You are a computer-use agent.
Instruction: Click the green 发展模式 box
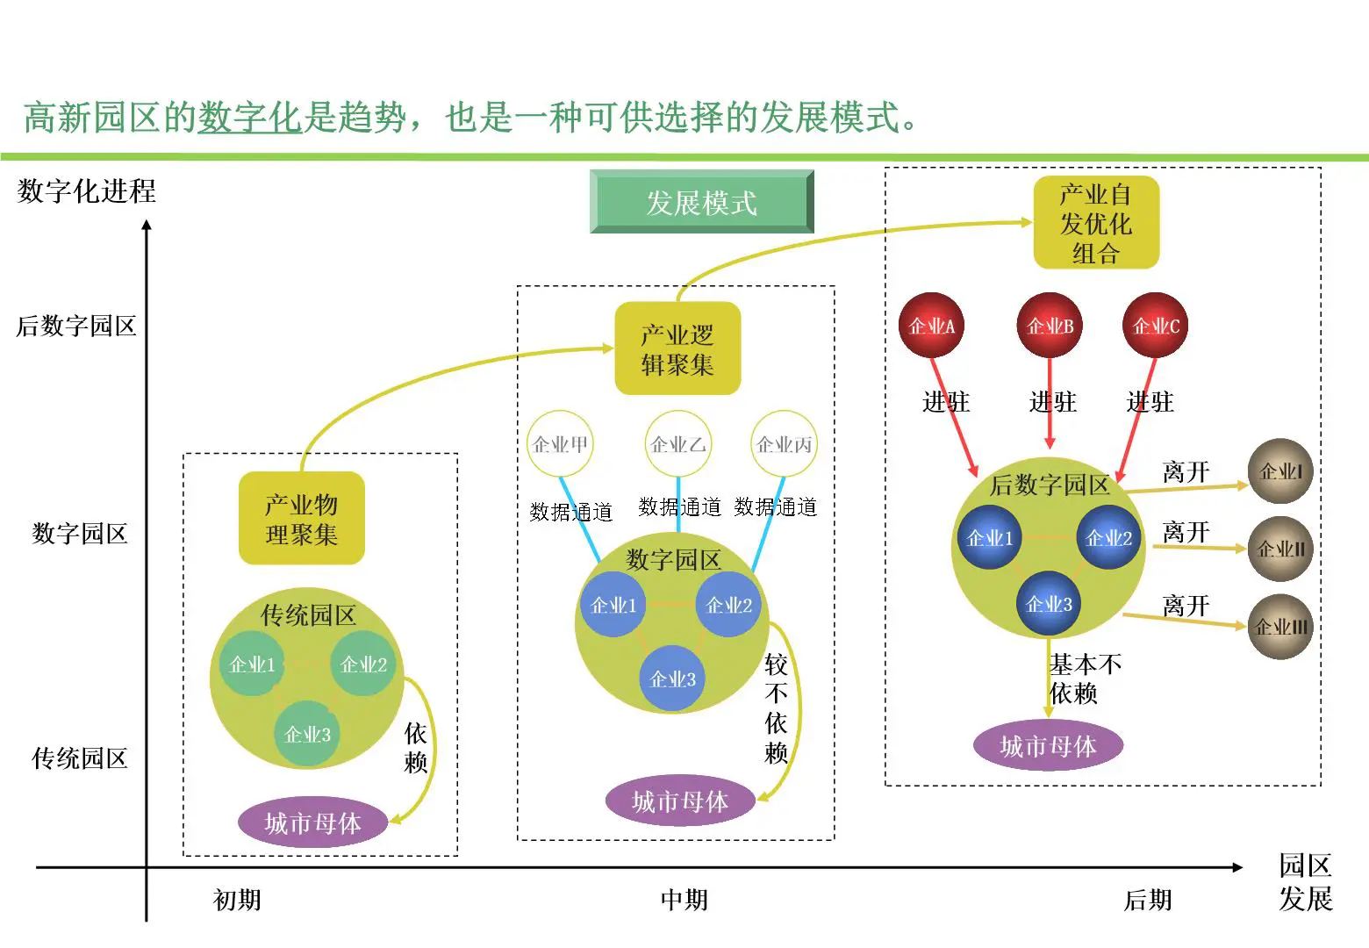pos(701,202)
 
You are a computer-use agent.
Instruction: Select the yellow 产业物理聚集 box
pos(301,519)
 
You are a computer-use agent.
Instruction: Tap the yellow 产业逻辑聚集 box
pos(677,349)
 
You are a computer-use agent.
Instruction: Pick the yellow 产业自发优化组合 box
pos(1095,223)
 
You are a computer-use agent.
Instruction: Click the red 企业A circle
pos(931,326)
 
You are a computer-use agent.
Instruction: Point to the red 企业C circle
pos(1155,326)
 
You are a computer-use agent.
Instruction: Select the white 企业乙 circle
pos(677,444)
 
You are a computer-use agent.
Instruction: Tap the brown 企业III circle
pos(1280,627)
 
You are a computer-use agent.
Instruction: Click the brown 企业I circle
pos(1280,471)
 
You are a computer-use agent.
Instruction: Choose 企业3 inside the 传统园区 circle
pos(307,734)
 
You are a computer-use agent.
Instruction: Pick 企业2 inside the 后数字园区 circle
pos(1108,538)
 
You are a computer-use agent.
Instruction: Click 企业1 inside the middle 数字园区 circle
pos(613,605)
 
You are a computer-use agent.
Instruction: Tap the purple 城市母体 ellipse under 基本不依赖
pos(1048,746)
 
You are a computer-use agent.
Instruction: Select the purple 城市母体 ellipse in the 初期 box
pos(312,822)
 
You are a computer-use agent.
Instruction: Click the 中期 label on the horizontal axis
pos(684,900)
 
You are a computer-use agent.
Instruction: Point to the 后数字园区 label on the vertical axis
pos(76,326)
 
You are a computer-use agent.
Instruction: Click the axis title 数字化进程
pos(86,190)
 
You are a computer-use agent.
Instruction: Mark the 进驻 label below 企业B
pos(1052,402)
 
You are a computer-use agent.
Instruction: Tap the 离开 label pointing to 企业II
pos(1186,532)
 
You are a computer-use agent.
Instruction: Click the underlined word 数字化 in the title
pos(250,118)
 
